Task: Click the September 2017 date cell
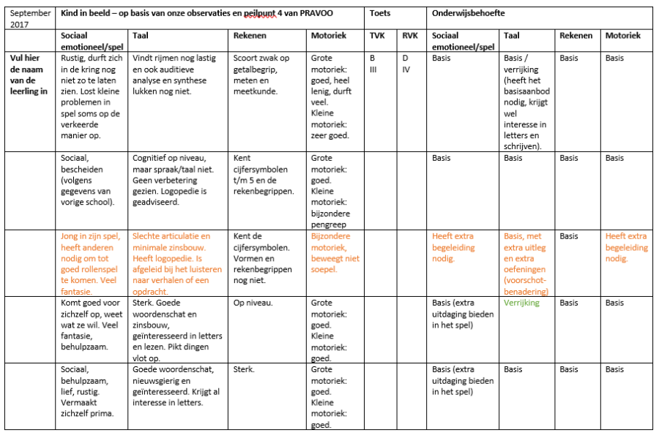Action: (31, 18)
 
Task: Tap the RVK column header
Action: (409, 35)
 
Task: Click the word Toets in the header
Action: (380, 13)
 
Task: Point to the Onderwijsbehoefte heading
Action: (469, 13)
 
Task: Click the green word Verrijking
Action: (521, 303)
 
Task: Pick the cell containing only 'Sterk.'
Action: (244, 369)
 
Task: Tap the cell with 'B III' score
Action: (373, 64)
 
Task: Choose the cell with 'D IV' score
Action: (406, 64)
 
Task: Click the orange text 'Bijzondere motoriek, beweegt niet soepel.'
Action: (335, 253)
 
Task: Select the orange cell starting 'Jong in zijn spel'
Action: (91, 264)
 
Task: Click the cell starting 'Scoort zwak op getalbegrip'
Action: (261, 75)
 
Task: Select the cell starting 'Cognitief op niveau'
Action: (175, 175)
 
